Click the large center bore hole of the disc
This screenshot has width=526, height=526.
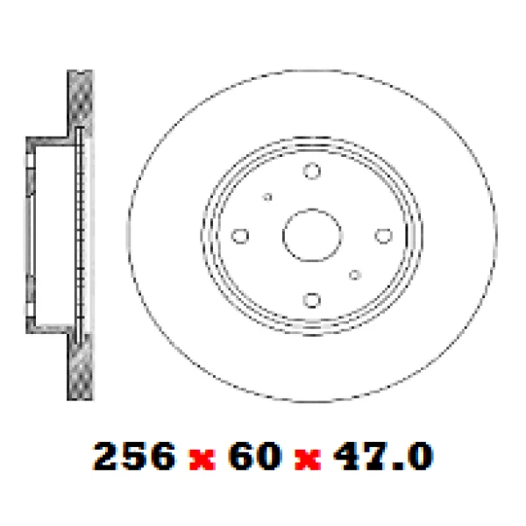tap(311, 235)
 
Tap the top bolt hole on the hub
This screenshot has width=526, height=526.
tap(311, 172)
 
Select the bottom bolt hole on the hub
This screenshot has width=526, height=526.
tap(311, 301)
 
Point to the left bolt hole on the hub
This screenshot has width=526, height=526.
tap(240, 236)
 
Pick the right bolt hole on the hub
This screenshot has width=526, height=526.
tap(382, 235)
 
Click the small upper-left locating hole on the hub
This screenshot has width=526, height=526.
tap(268, 197)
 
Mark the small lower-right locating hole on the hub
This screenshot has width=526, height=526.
tap(354, 274)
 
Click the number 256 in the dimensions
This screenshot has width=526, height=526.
tap(133, 456)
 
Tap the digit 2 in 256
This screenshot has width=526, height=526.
tap(107, 456)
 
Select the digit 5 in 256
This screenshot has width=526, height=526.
tap(133, 456)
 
